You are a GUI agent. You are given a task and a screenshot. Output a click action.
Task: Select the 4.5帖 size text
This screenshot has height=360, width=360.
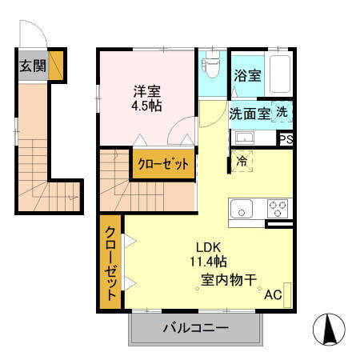pos(144,106)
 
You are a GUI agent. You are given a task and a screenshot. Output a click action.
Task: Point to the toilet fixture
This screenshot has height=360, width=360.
pos(212,70)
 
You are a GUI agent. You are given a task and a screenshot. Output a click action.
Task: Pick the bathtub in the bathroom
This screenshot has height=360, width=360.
pos(279,75)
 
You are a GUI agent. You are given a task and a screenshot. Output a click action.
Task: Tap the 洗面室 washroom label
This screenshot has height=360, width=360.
pos(250,114)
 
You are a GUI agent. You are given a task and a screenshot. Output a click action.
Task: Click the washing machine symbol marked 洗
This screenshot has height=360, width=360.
pos(282,113)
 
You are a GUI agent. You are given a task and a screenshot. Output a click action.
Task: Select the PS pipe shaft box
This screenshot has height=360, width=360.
pos(286,139)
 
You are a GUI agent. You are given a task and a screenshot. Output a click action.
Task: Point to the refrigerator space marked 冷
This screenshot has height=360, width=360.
pos(242,160)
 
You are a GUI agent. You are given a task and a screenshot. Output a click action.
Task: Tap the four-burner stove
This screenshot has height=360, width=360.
pos(277,209)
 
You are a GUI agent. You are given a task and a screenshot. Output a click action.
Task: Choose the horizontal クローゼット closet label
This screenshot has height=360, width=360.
pos(164,164)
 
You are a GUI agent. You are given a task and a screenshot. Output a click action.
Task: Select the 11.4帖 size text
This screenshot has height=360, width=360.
pos(208,262)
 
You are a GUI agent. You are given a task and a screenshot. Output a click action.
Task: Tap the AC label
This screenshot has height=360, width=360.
pos(273,295)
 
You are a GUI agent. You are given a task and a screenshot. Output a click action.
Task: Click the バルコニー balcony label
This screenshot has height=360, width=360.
pos(196,328)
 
